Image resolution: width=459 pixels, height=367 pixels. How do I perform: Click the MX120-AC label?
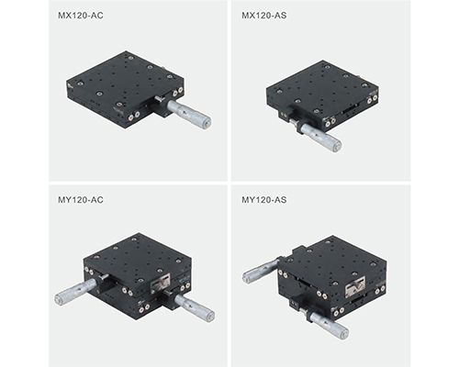81,16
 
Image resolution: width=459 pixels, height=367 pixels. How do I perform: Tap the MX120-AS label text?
264,16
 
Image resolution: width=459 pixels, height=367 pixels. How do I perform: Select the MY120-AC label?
81,200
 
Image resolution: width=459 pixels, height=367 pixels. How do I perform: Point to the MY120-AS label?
264,200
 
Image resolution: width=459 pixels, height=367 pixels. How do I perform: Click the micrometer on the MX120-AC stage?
189,114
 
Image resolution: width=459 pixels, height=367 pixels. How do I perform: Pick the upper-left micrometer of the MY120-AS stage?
261,272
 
